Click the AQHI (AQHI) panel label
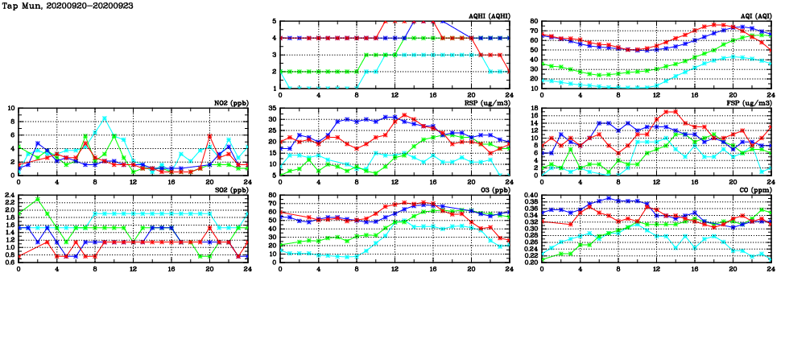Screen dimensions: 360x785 point(488,15)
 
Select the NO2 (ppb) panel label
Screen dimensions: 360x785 point(225,102)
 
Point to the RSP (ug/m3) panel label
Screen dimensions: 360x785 point(487,102)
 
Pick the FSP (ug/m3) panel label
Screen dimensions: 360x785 point(750,102)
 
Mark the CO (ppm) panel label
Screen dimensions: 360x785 point(754,189)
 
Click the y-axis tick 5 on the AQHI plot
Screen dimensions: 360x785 point(275,21)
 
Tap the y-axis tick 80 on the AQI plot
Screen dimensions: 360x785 point(535,21)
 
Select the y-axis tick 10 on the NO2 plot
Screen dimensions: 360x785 point(10,108)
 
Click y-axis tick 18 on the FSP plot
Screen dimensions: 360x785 point(535,108)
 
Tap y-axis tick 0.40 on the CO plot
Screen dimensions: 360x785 point(531,195)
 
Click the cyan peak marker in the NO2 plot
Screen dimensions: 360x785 point(105,118)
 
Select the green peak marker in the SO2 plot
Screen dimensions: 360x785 point(38,198)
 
